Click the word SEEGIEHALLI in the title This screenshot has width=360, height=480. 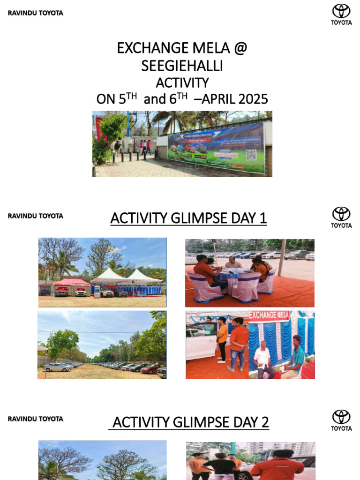[x=182, y=66]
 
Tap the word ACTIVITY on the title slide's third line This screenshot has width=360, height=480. [x=182, y=83]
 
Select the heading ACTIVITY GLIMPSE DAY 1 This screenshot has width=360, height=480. [x=188, y=218]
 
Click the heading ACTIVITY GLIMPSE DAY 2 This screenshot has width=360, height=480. [x=189, y=422]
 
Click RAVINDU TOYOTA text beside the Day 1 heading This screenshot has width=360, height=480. [x=35, y=216]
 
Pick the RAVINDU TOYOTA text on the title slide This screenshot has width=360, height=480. [x=35, y=13]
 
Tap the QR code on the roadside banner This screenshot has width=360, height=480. [x=252, y=154]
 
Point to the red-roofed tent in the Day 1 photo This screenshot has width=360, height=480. [x=71, y=282]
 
